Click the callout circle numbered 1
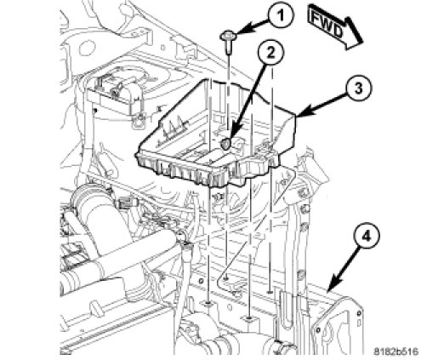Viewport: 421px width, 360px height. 281,15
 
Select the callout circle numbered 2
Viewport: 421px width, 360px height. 270,54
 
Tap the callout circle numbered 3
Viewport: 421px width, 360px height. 358,89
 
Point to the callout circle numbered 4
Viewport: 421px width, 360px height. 367,237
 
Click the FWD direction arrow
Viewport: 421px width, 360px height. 334,27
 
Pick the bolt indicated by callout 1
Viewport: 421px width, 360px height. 227,42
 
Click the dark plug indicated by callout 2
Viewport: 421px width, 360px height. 226,144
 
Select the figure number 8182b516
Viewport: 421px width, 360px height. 395,351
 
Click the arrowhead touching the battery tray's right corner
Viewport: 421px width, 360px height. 303,112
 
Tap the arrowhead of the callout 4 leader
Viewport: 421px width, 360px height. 333,286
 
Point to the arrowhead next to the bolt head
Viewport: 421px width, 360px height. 241,31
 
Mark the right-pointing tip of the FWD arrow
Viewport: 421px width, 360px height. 363,43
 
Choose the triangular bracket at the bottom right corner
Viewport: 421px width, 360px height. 338,326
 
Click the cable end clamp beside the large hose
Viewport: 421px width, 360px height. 181,238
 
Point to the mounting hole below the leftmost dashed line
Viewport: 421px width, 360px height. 208,304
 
